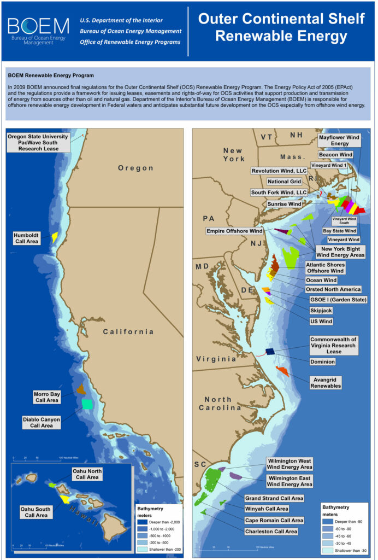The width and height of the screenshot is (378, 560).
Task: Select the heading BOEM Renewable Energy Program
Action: (x=51, y=75)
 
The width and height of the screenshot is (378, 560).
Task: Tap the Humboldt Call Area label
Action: (x=26, y=238)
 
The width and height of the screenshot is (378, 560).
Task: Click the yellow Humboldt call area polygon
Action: (x=55, y=237)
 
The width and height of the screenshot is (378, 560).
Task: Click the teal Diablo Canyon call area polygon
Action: (x=86, y=404)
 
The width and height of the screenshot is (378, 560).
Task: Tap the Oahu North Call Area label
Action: (x=87, y=474)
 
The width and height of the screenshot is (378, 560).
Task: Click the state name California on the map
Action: (x=128, y=331)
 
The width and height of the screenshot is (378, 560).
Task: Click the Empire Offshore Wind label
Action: (x=234, y=231)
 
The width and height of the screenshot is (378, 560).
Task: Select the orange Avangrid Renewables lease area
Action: (x=282, y=371)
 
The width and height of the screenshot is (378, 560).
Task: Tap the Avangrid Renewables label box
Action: (x=326, y=382)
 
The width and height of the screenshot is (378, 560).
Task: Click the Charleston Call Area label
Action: (x=271, y=531)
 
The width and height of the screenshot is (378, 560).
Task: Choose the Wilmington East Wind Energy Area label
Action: (x=290, y=481)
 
